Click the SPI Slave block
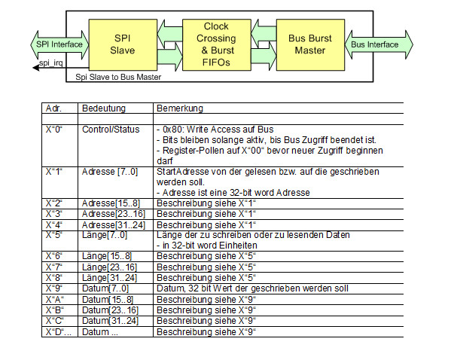point(123,44)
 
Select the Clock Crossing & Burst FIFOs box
point(217,44)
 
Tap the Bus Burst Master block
point(310,44)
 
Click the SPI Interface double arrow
point(59,44)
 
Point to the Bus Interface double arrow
point(379,44)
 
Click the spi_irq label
point(50,63)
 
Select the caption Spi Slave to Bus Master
point(118,77)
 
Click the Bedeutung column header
point(104,108)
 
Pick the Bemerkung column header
point(180,108)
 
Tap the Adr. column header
point(53,108)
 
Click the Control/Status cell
point(111,130)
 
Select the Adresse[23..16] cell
point(114,214)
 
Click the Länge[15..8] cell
point(107,256)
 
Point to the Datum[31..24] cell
point(110,321)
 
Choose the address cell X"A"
point(55,300)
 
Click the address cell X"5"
point(53,235)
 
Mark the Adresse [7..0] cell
point(110,172)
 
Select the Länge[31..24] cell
point(110,278)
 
